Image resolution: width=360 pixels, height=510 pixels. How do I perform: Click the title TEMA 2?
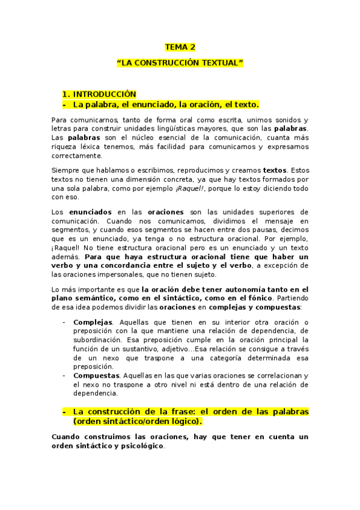click(x=180, y=47)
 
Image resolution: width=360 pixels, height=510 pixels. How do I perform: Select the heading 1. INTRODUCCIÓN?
click(x=99, y=94)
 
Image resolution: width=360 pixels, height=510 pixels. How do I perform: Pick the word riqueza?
click(x=64, y=147)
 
